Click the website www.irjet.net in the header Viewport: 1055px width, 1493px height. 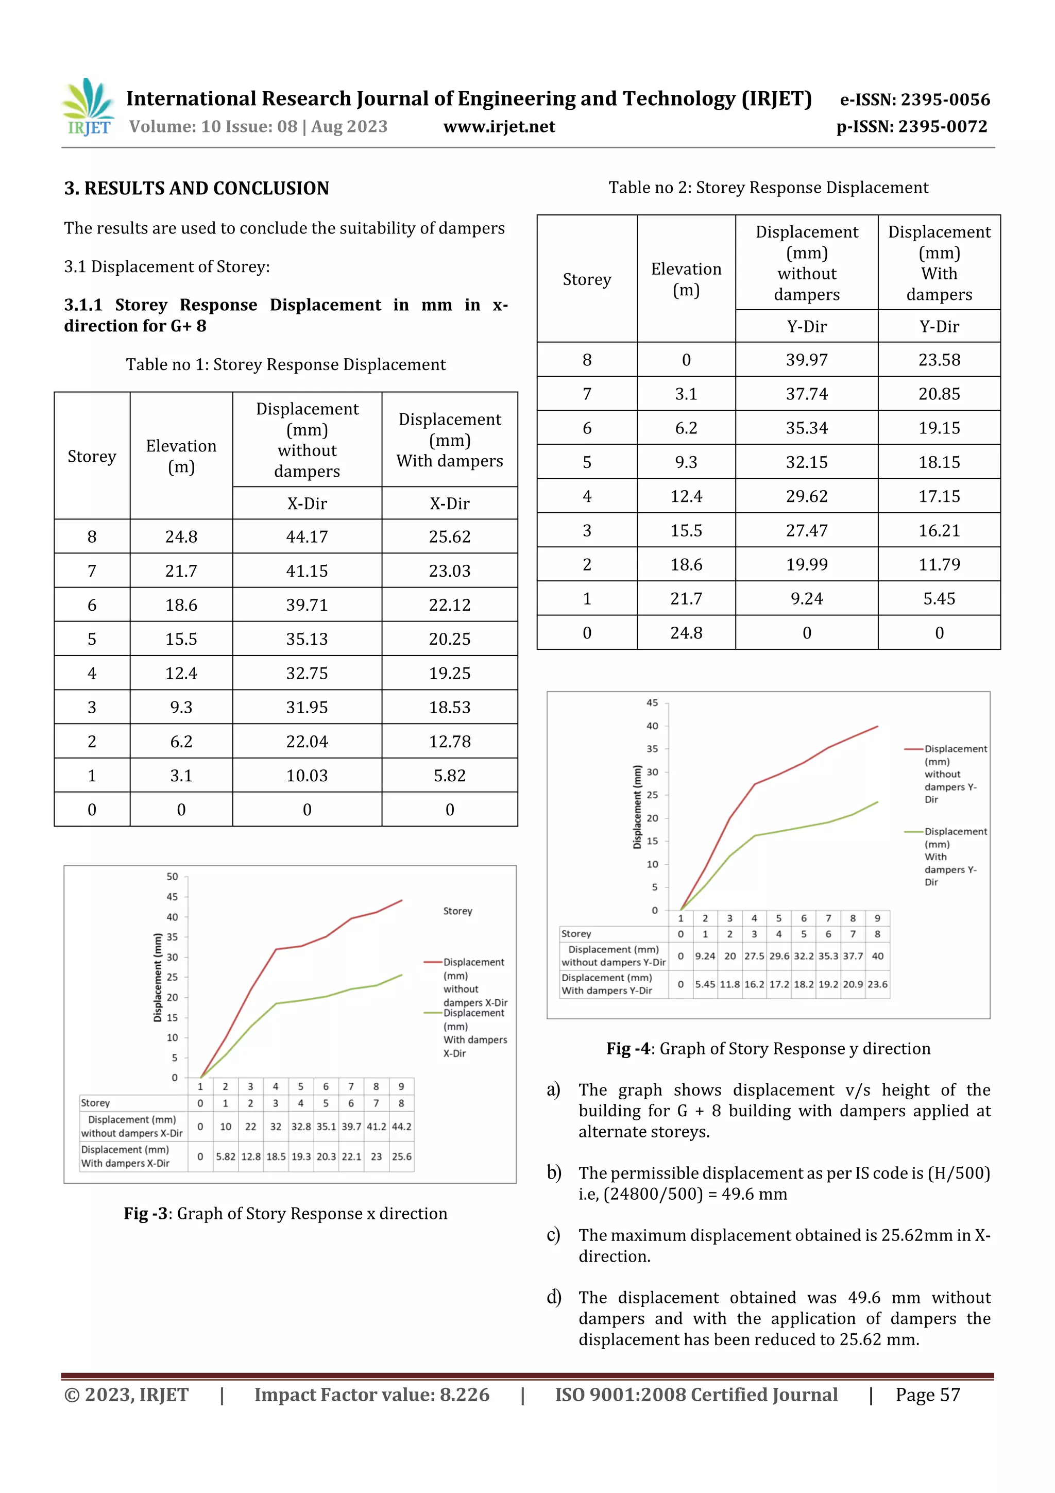coord(499,127)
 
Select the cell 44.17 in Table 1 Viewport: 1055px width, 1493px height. coord(307,536)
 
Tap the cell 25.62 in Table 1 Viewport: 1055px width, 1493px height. coord(449,536)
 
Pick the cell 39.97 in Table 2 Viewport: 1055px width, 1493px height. coord(806,360)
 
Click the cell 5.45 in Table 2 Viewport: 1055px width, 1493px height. coord(939,598)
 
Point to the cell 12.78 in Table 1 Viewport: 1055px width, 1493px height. coord(449,741)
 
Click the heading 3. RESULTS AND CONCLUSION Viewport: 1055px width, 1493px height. coord(196,189)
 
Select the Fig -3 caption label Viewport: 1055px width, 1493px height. coord(146,1213)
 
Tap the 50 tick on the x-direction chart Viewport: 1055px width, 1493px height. coord(172,877)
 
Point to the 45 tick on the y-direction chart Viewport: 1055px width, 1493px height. coord(652,703)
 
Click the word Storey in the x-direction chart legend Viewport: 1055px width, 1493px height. coord(457,911)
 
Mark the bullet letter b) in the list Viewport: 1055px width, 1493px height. coord(554,1172)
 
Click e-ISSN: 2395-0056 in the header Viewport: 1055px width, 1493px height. coord(914,99)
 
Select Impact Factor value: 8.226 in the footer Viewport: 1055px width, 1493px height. coord(372,1394)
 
